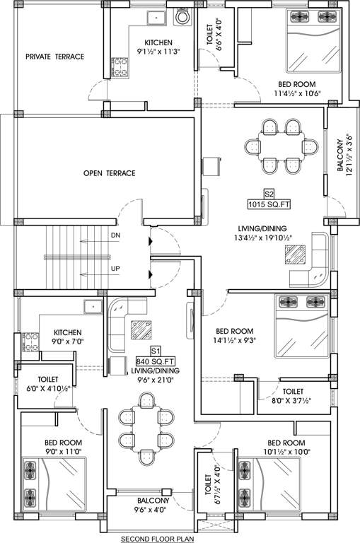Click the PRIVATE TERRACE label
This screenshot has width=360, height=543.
[54, 57]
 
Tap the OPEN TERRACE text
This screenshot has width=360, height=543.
[109, 173]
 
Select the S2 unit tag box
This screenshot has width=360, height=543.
[269, 193]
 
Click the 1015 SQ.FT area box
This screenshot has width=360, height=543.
[269, 205]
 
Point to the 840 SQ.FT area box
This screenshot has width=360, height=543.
[156, 361]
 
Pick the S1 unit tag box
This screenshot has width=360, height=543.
[156, 350]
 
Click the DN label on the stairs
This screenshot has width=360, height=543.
[115, 235]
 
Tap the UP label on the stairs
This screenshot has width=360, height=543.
[115, 269]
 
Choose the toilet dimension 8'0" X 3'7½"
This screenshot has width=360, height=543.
[293, 401]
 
